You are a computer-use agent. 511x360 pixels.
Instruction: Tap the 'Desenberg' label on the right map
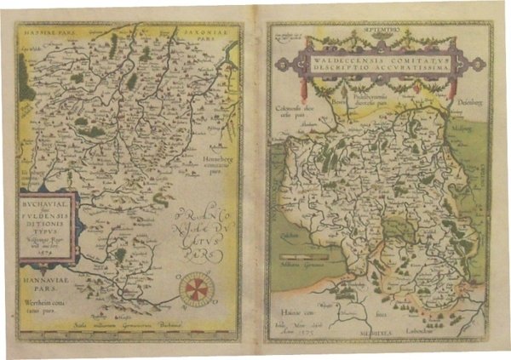tap(472, 105)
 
